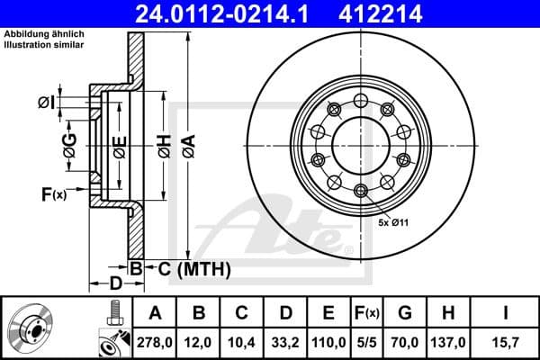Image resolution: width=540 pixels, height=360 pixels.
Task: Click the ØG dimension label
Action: tap(69, 141)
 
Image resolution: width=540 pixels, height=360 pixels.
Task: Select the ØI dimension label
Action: tap(47, 103)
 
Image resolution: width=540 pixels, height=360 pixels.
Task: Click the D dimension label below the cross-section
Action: tap(115, 283)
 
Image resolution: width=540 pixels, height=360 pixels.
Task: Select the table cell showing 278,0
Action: tap(155, 342)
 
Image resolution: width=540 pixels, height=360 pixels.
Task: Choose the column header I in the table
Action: tap(506, 313)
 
